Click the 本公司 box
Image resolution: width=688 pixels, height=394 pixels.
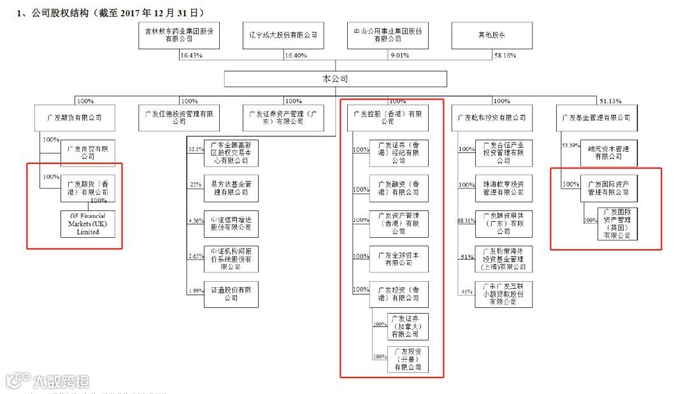[x=336, y=79]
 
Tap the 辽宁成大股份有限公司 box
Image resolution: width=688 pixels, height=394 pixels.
[x=283, y=35]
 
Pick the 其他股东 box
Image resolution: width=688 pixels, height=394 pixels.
[x=492, y=35]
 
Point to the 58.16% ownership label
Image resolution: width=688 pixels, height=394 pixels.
[x=505, y=56]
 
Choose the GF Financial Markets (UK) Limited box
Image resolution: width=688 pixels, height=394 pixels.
[x=89, y=224]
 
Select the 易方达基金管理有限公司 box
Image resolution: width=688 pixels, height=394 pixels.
[x=231, y=188]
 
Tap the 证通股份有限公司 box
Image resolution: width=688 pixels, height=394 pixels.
[x=231, y=294]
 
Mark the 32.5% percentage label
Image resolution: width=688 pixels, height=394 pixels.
[x=196, y=149]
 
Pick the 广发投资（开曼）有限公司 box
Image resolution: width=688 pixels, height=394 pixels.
[x=407, y=360]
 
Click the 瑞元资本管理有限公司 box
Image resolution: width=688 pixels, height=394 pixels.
[x=608, y=152]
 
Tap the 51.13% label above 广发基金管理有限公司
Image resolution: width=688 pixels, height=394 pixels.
[x=610, y=101]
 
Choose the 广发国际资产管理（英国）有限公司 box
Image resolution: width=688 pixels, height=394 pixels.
[x=617, y=224]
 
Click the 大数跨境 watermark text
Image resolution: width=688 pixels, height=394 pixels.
[x=62, y=382]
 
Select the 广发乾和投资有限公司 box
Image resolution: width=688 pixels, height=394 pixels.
[x=492, y=118]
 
